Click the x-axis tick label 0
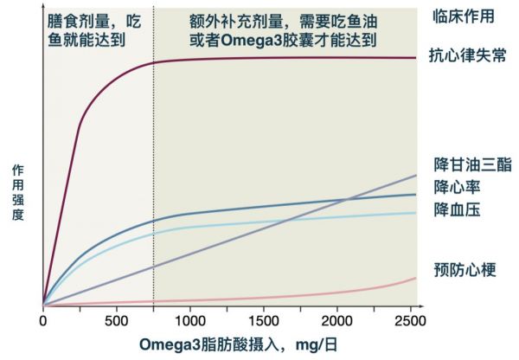coord(43,320)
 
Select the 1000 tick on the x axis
coord(189,320)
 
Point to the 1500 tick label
coord(265,320)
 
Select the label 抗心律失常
coord(467,56)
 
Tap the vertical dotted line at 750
coord(153,173)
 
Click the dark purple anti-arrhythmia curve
coord(259,58)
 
